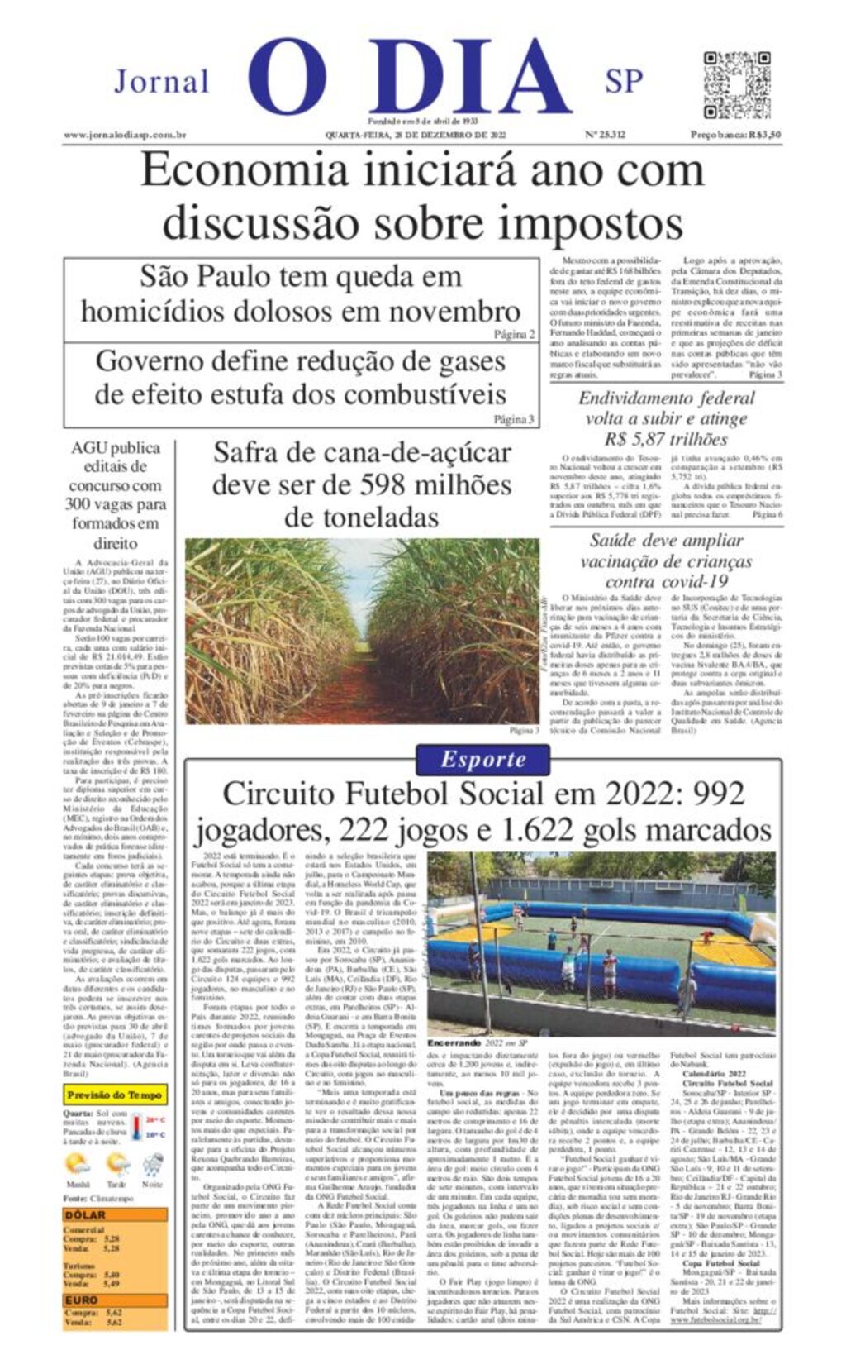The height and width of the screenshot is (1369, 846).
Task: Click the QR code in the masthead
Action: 736,85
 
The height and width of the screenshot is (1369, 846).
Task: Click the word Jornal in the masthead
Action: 162,82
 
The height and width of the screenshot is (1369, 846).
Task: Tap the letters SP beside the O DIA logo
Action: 624,81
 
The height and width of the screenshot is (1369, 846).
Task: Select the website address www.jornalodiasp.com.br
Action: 124,135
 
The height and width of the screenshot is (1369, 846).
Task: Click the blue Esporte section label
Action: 482,759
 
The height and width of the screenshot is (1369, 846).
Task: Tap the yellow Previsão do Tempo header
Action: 115,1095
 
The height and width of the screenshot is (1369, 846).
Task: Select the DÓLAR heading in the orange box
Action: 86,1214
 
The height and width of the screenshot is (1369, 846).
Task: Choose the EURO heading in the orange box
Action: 82,1300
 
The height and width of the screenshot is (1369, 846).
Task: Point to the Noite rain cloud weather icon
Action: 153,1166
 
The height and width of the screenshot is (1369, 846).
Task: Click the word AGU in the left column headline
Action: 90,448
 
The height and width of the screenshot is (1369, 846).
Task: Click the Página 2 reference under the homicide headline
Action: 515,335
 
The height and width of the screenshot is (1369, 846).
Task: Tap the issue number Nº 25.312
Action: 605,135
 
